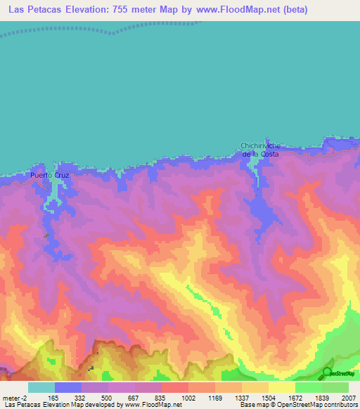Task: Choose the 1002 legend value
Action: pyautogui.click(x=188, y=398)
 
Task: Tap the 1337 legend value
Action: pyautogui.click(x=241, y=398)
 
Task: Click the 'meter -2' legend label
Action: pyautogui.click(x=15, y=398)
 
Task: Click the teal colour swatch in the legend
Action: pyautogui.click(x=41, y=387)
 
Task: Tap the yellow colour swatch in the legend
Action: pyautogui.click(x=281, y=387)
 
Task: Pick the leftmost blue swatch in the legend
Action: pyautogui.click(x=68, y=387)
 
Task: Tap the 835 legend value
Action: pyautogui.click(x=162, y=398)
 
